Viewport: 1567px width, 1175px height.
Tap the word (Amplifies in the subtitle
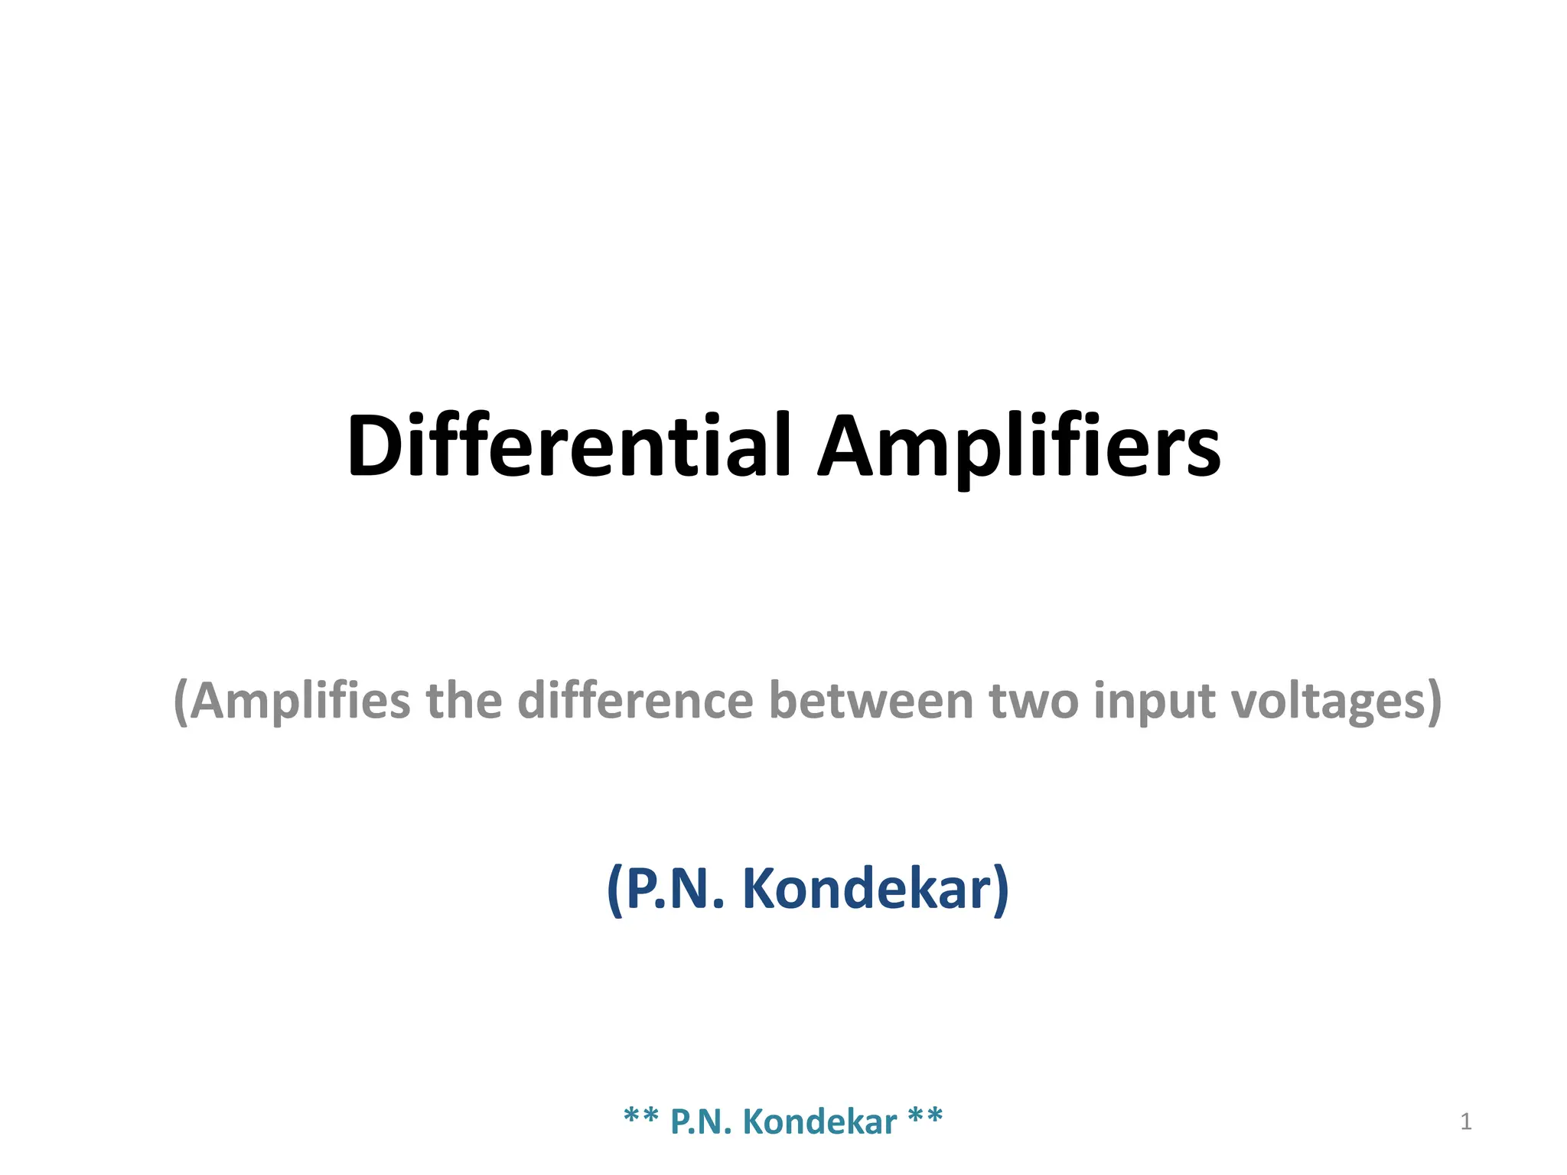pyautogui.click(x=292, y=701)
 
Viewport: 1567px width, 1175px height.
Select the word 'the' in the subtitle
pyautogui.click(x=464, y=701)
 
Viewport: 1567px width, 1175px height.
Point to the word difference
pyautogui.click(x=635, y=701)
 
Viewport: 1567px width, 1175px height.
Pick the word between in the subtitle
pyautogui.click(x=870, y=701)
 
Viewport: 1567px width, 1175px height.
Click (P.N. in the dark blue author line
pyautogui.click(x=665, y=890)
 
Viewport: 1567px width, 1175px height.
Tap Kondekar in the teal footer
pyautogui.click(x=819, y=1121)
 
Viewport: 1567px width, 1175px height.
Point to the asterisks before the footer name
pyautogui.click(x=641, y=1117)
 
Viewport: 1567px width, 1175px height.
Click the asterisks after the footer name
pyautogui.click(x=925, y=1117)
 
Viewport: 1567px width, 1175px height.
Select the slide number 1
pyautogui.click(x=1465, y=1121)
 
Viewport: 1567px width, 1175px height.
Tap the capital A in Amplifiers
pyautogui.click(x=850, y=446)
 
